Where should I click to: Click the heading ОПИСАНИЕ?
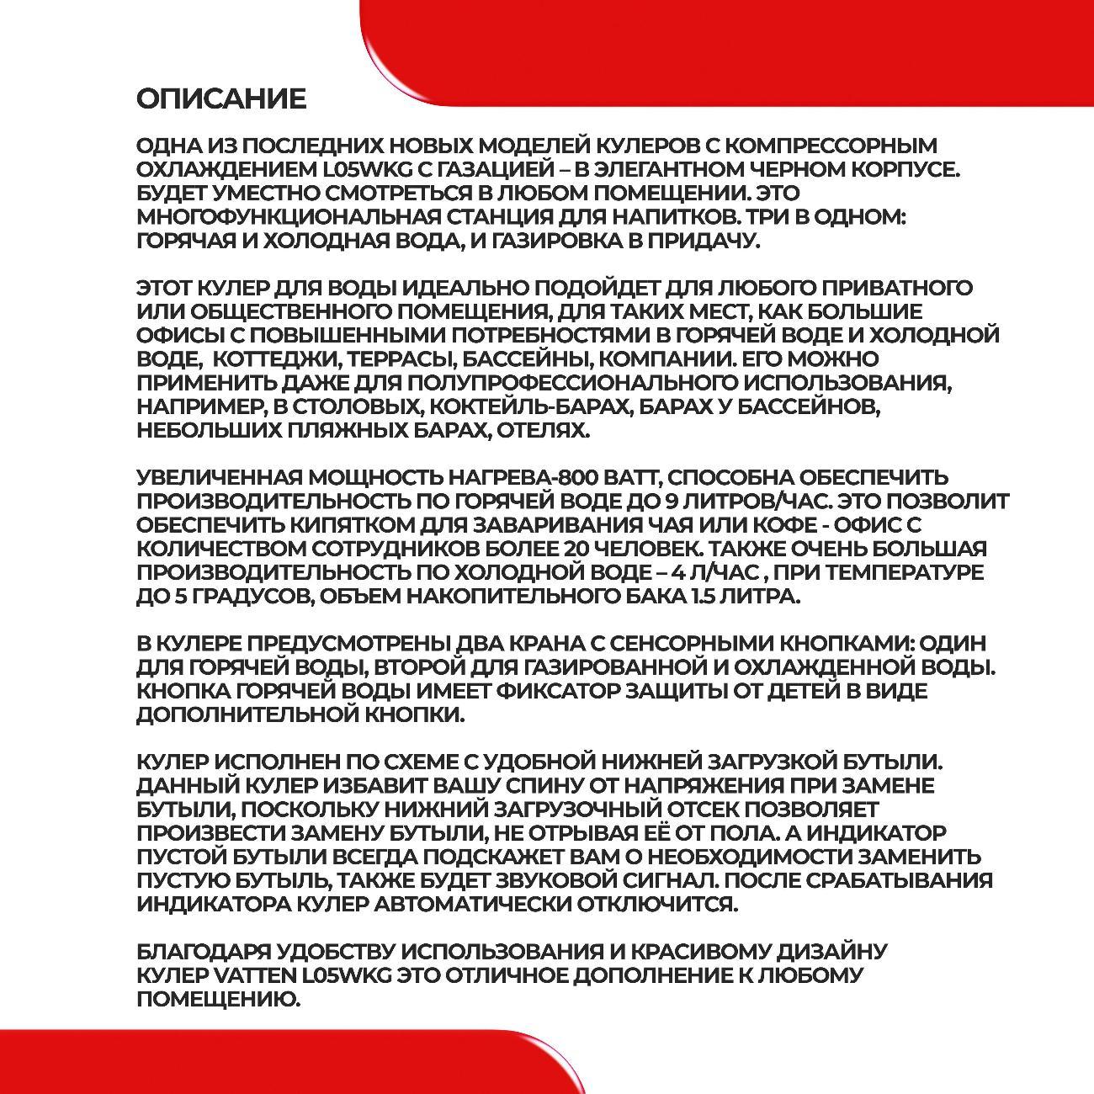[221, 99]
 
